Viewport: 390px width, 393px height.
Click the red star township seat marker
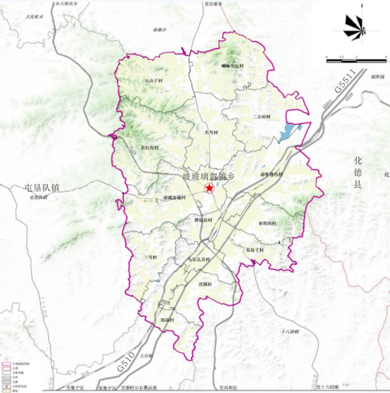click(209, 188)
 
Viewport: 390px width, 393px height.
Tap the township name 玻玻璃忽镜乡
click(208, 177)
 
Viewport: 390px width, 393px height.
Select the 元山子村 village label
click(153, 81)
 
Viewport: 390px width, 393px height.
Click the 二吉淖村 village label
click(262, 117)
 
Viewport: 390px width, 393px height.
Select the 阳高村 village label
click(167, 320)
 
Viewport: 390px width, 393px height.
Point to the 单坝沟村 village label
click(267, 223)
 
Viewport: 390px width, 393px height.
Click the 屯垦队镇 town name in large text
click(42, 188)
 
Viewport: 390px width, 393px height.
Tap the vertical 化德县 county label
click(358, 172)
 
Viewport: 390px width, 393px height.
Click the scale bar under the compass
click(356, 61)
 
